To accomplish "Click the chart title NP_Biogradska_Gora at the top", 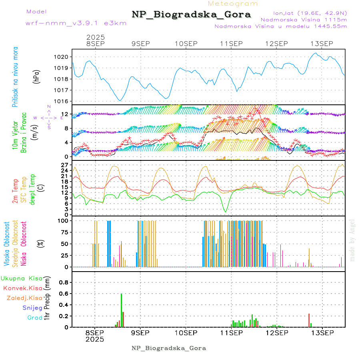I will click(191, 15).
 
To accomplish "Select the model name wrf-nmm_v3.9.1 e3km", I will click(76, 23).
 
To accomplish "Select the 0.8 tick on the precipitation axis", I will click(64, 282).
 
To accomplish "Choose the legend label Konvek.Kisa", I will click(22, 288).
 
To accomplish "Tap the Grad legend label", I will click(34, 318).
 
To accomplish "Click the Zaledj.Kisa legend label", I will click(24, 298).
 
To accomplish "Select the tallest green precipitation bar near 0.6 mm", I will click(121, 310).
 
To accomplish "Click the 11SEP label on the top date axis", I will click(231, 44).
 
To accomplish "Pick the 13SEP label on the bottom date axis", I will click(322, 332).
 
